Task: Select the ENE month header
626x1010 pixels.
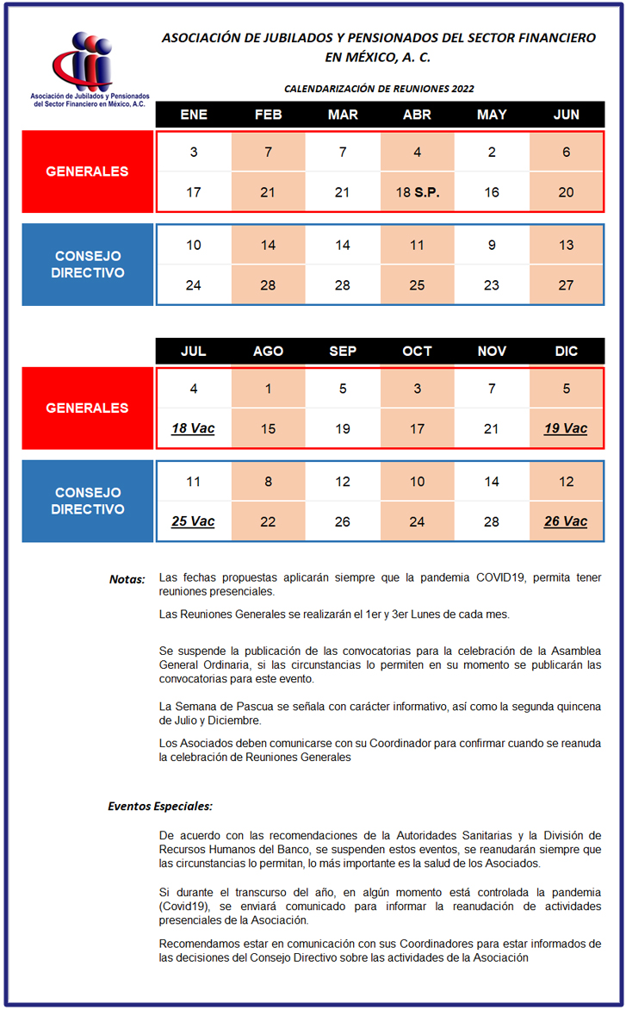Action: tap(193, 115)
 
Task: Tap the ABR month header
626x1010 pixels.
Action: tap(417, 115)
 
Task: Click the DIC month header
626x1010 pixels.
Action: tap(566, 352)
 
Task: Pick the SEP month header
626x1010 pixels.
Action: tap(343, 352)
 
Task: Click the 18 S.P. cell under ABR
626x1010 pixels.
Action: tap(418, 192)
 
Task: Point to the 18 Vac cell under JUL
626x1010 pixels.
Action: tap(193, 428)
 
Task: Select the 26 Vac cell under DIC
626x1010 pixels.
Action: tap(566, 521)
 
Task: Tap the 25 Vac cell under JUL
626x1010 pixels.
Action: tap(193, 521)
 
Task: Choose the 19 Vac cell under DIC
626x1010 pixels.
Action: tap(566, 428)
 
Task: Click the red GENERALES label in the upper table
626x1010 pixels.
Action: tap(87, 171)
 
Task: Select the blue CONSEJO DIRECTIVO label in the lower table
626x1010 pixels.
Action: tap(87, 501)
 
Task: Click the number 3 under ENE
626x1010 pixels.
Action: tap(193, 153)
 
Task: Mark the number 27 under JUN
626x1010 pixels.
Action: tap(566, 285)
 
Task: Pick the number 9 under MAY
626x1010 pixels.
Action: tap(492, 246)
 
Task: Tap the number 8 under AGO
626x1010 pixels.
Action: tap(268, 482)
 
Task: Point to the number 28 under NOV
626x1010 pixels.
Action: tap(492, 521)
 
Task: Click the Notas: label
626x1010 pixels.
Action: tap(127, 579)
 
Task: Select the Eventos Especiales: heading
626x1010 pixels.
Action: tap(160, 807)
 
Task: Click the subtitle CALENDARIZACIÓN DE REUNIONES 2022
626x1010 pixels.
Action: tap(379, 88)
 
